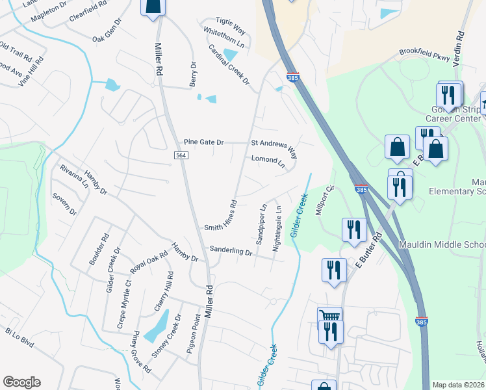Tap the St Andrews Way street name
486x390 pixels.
pyautogui.click(x=274, y=148)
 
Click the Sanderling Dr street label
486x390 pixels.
pyautogui.click(x=230, y=251)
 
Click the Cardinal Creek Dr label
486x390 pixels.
pyautogui.click(x=229, y=64)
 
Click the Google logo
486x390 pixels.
pyautogui.click(x=21, y=382)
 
